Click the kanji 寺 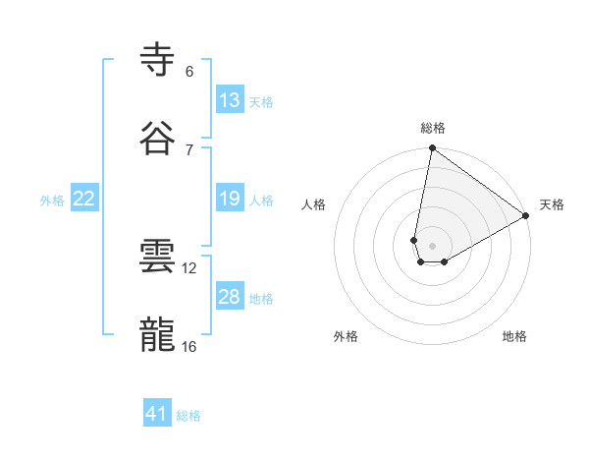(x=157, y=59)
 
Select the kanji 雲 (x=157, y=257)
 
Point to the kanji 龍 (x=157, y=335)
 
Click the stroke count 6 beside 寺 (x=189, y=71)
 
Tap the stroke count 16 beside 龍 (x=189, y=346)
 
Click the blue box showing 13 (x=230, y=100)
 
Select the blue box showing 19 (x=230, y=199)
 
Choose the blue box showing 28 (x=230, y=297)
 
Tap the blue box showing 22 (x=84, y=199)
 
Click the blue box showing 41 (x=157, y=414)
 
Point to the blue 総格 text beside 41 (x=188, y=416)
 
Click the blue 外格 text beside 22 (x=52, y=201)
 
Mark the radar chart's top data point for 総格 (x=432, y=149)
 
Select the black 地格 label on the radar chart (x=514, y=336)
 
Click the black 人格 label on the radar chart (x=314, y=204)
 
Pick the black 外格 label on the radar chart (x=346, y=336)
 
